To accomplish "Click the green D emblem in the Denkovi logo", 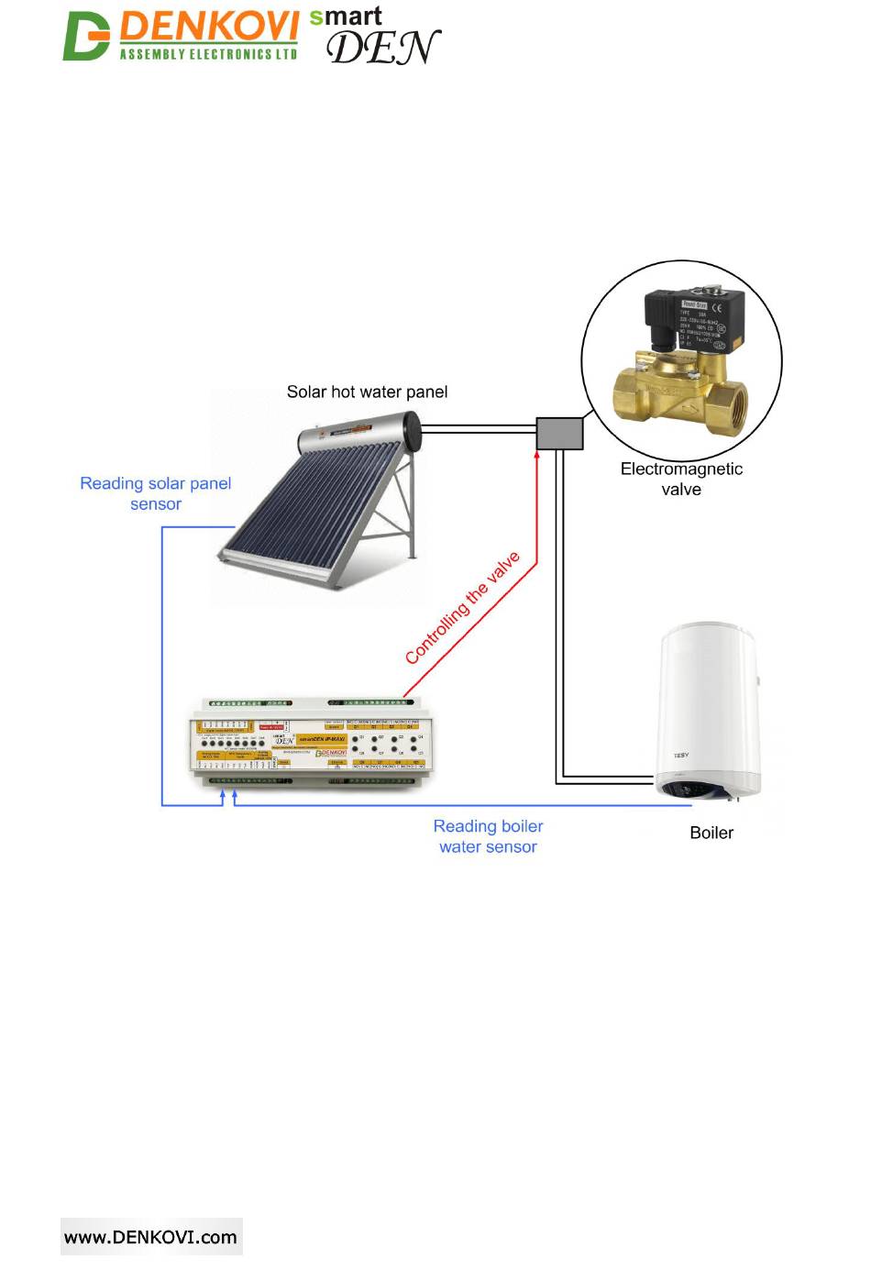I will [85, 37].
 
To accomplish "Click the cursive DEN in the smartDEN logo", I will [382, 48].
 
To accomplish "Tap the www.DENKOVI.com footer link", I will [150, 1237].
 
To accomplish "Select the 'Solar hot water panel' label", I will [367, 392].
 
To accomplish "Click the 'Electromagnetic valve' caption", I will [681, 479].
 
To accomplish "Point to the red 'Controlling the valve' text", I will [462, 607].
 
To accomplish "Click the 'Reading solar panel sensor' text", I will [155, 493].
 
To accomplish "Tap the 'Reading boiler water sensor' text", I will [488, 836].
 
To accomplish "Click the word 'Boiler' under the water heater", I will [711, 833].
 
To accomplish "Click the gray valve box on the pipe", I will [559, 434].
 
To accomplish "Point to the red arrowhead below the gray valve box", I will [537, 456].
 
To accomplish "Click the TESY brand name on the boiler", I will [681, 756].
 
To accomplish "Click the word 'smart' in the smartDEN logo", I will [346, 17].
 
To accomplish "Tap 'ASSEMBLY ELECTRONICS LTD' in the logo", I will [208, 54].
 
